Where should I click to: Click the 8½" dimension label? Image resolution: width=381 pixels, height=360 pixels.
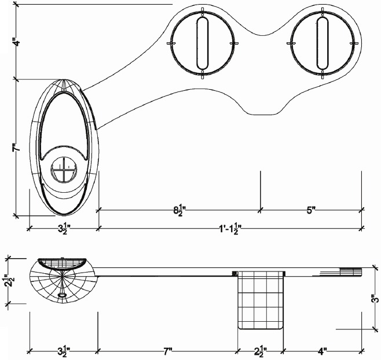(x=179, y=210)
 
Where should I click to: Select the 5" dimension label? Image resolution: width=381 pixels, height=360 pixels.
(x=311, y=210)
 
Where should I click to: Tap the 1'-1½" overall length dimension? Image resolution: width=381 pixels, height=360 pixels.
(x=230, y=229)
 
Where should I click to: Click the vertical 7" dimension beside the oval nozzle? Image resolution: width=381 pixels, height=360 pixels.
(x=16, y=148)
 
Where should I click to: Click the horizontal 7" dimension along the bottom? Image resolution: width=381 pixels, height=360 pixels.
(x=167, y=351)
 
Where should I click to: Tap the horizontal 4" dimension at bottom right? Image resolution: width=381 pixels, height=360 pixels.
(x=322, y=351)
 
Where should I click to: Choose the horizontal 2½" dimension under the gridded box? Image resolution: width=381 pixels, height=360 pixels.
(x=261, y=351)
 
